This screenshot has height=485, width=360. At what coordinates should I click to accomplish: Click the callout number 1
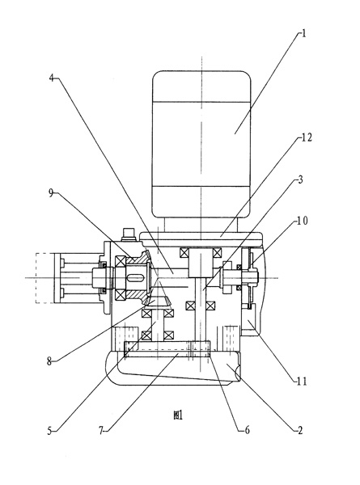click(303, 33)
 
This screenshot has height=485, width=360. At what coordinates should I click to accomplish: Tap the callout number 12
click(307, 137)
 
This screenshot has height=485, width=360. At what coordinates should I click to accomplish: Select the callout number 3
click(300, 179)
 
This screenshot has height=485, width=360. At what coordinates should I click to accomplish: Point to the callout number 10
click(303, 221)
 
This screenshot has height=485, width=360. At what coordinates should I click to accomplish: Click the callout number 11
click(302, 382)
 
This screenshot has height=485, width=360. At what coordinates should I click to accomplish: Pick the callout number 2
click(299, 430)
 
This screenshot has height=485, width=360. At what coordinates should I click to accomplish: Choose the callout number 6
click(247, 430)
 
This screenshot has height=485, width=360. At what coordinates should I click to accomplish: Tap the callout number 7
click(101, 431)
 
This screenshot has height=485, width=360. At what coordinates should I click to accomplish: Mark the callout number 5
click(49, 431)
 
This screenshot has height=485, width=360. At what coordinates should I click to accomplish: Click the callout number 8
click(49, 361)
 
